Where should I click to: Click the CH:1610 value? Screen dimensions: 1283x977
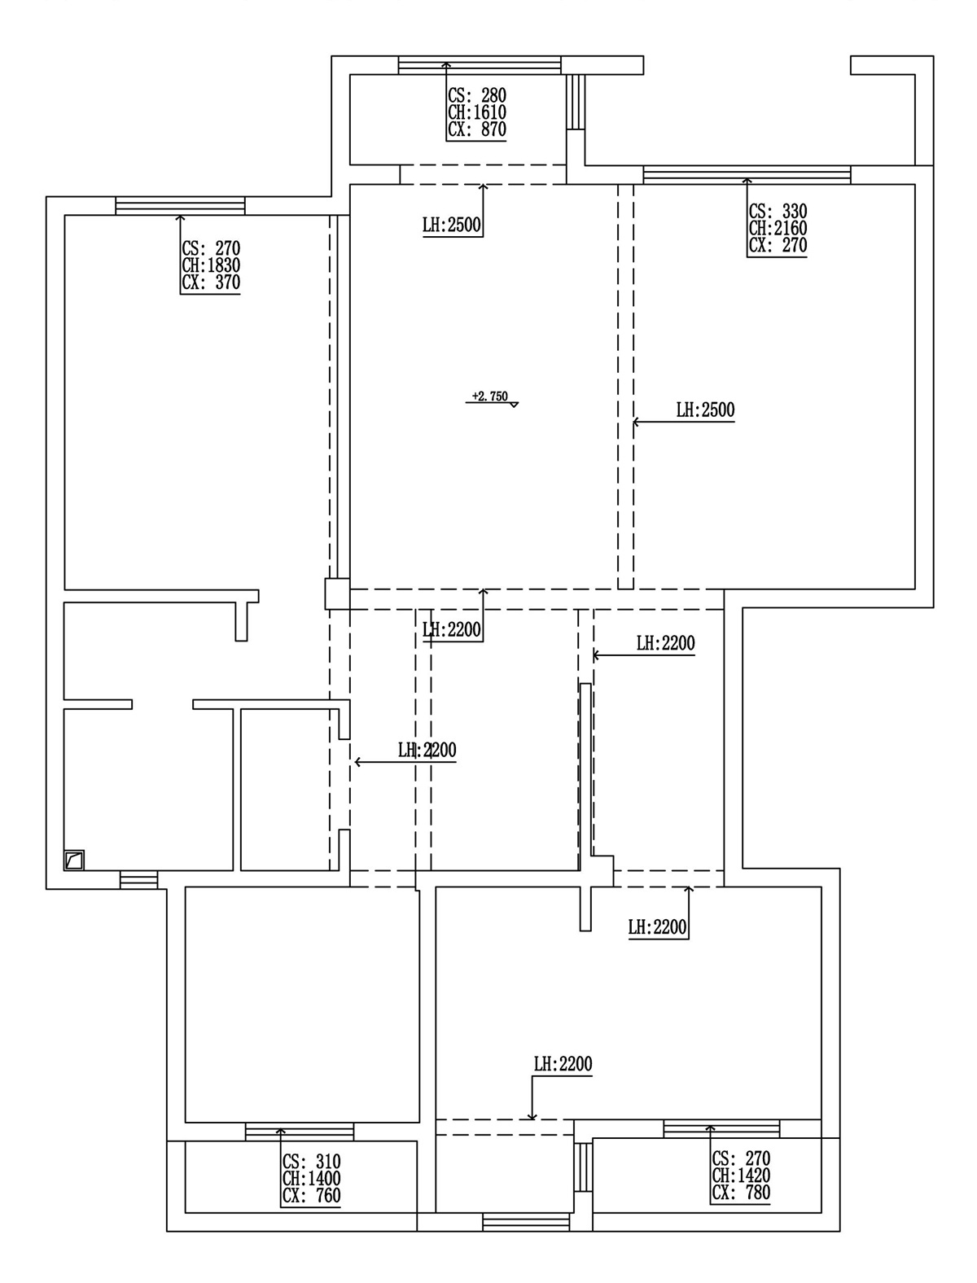(477, 112)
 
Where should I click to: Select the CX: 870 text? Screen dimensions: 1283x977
(477, 130)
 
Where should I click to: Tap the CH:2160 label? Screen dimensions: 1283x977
(778, 229)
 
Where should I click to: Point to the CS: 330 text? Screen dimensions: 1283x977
(778, 212)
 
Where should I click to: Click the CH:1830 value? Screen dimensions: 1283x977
(212, 265)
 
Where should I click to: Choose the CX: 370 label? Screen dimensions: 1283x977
(212, 283)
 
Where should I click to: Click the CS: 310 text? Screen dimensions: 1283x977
(311, 1162)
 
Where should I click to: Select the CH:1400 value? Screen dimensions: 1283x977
(311, 1179)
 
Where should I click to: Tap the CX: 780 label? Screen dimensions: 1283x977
(741, 1193)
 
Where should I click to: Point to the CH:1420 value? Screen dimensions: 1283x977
(741, 1176)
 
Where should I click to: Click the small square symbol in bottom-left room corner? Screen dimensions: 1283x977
(74, 860)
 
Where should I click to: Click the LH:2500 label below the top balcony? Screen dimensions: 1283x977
(452, 226)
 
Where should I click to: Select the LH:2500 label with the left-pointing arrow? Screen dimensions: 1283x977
(705, 410)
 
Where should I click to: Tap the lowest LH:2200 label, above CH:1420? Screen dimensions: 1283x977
(563, 1064)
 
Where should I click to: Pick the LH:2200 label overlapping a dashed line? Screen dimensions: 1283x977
(427, 751)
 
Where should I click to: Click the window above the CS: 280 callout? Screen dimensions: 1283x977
(480, 65)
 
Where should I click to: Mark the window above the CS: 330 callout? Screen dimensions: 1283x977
(747, 174)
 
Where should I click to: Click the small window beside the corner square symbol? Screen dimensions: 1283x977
(138, 880)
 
